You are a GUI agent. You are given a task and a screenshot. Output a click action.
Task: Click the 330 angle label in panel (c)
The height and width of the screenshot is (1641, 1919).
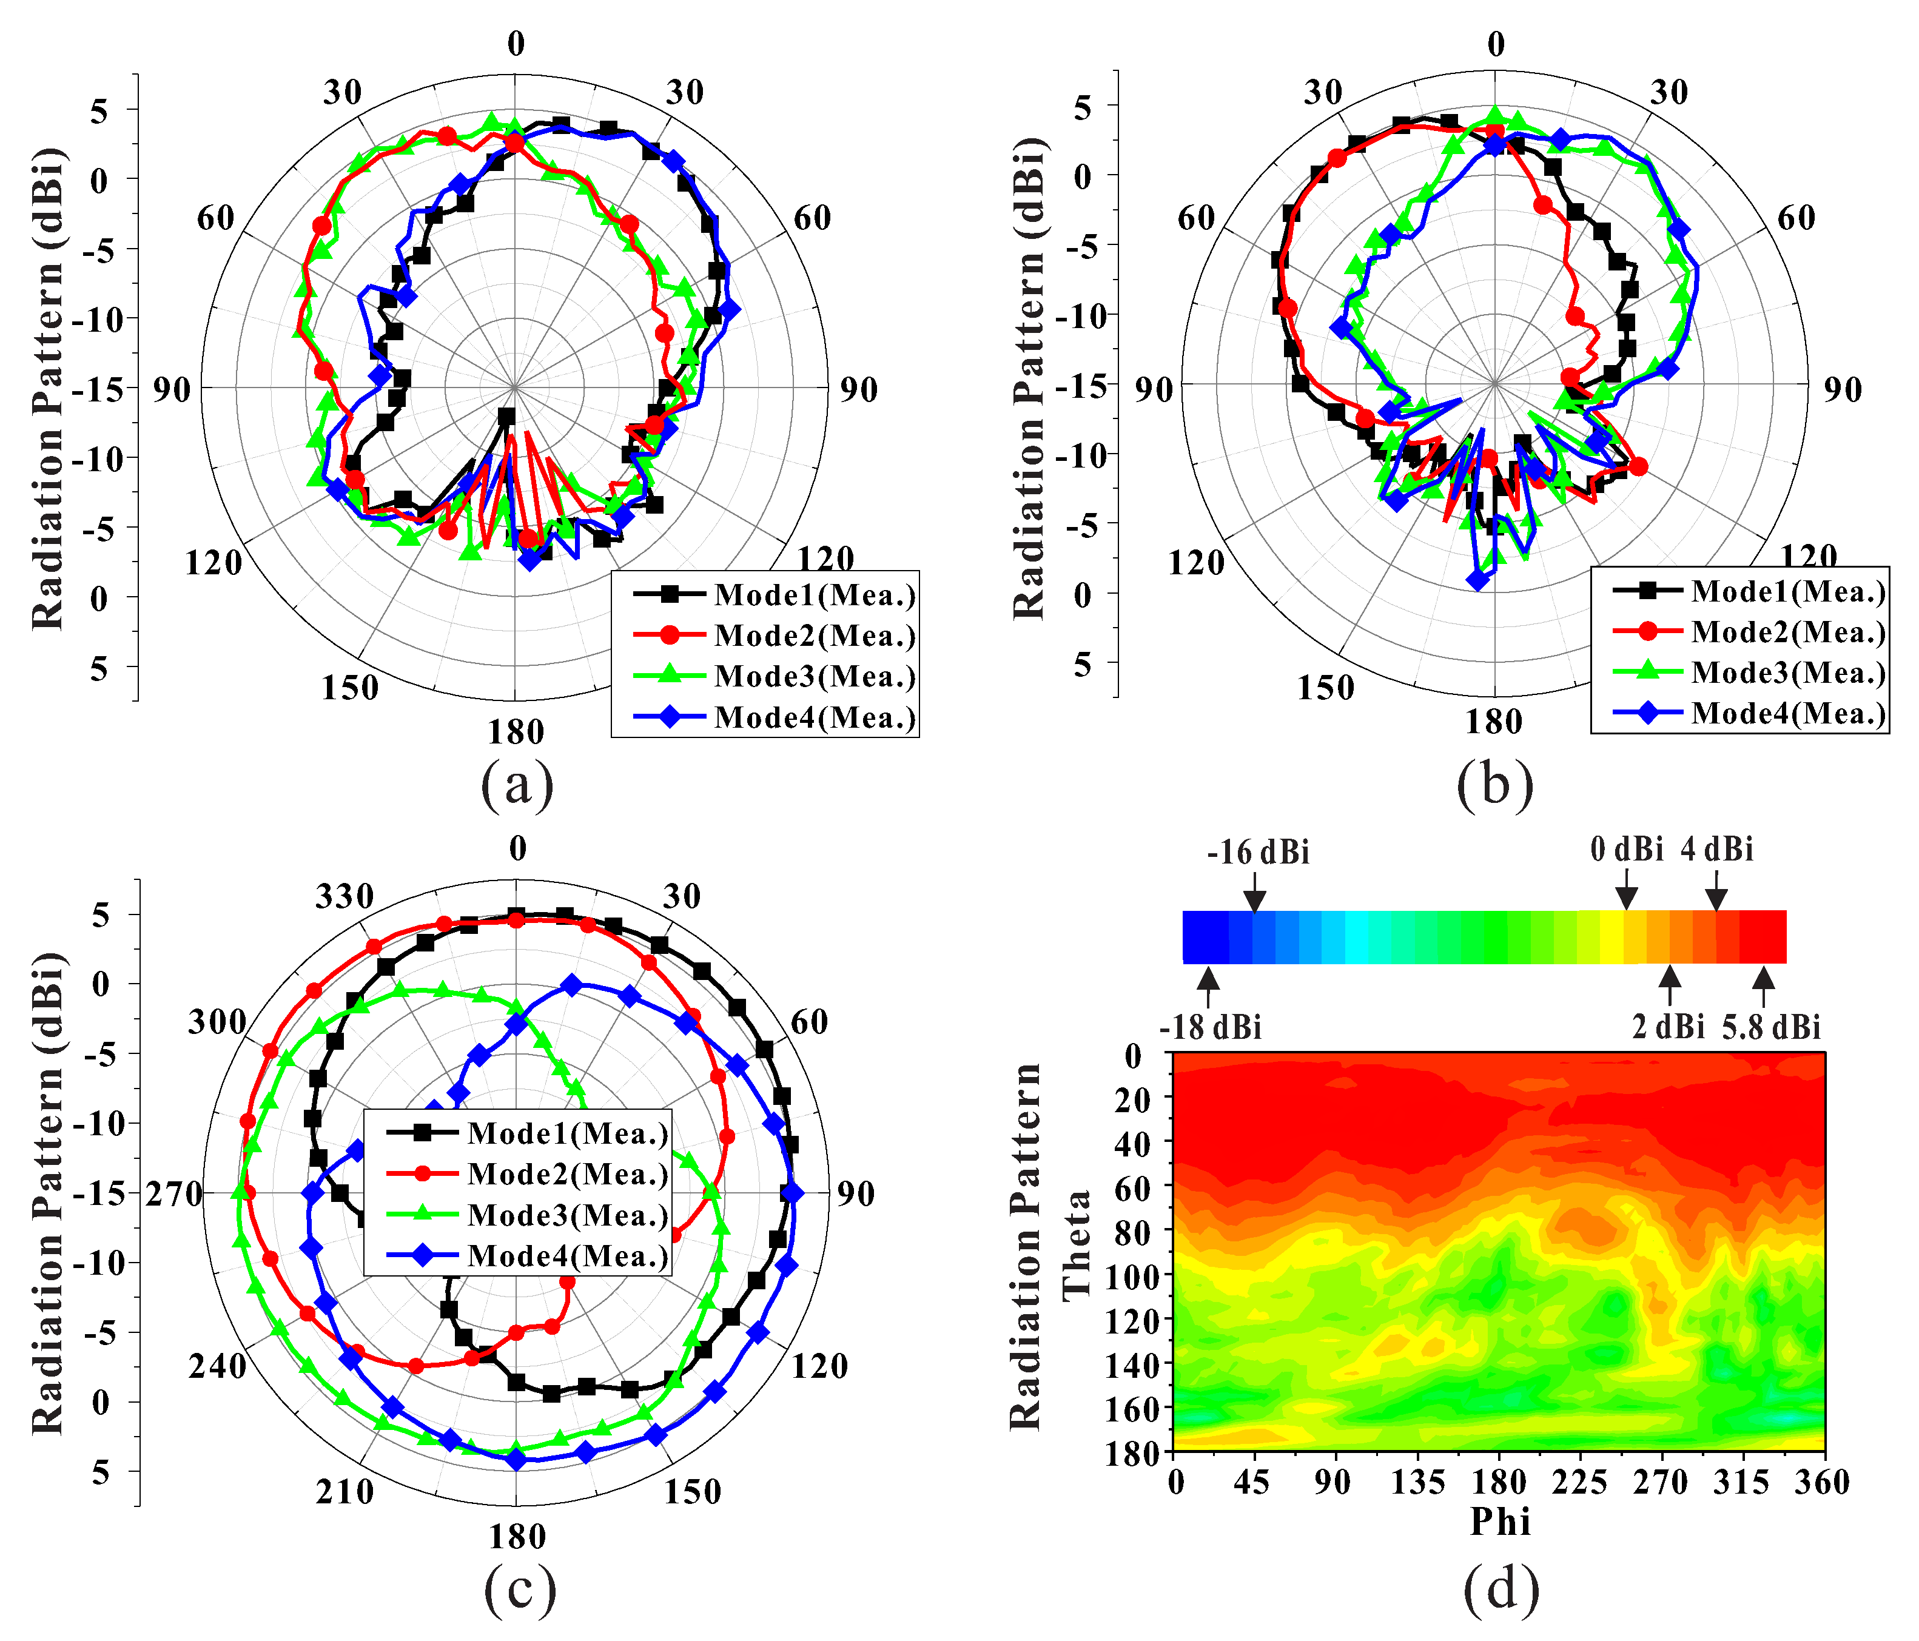(344, 896)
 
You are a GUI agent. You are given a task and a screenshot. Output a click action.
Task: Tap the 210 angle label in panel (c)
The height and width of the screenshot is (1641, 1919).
(344, 1492)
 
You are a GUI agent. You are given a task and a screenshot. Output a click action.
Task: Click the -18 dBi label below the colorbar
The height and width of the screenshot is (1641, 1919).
(1211, 1028)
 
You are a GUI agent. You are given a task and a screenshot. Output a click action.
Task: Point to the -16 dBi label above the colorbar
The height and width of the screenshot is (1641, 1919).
(1258, 852)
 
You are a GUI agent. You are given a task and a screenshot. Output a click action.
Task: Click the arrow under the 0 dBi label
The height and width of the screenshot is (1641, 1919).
(1626, 896)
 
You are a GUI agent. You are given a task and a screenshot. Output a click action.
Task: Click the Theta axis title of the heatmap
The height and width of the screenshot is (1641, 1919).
(1076, 1246)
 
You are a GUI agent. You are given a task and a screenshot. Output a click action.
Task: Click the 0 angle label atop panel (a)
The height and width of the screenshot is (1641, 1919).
(516, 44)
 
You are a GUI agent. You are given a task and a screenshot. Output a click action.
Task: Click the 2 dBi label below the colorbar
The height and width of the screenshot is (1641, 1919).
(1668, 1028)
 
